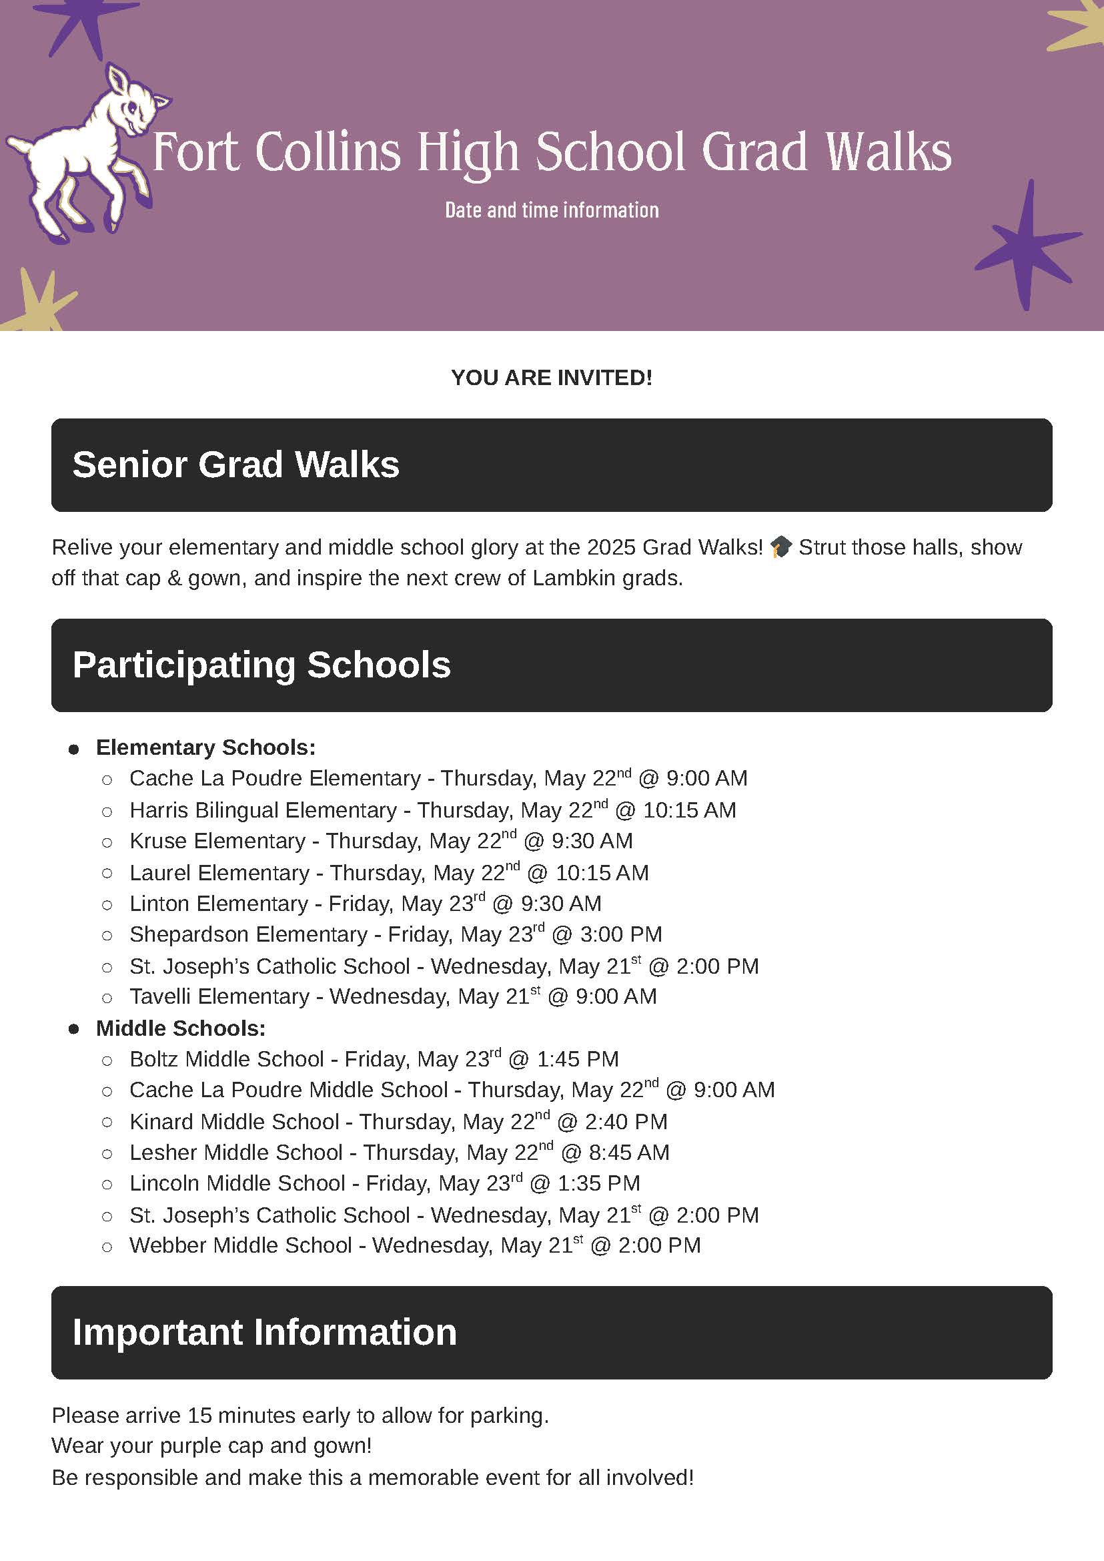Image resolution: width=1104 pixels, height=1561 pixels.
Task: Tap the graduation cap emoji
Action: click(781, 547)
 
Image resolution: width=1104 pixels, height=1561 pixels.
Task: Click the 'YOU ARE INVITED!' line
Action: click(551, 378)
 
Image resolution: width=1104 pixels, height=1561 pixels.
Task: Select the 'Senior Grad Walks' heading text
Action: click(235, 464)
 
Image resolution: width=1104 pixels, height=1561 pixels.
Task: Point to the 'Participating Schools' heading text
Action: click(261, 665)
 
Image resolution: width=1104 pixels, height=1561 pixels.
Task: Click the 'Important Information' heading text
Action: click(264, 1332)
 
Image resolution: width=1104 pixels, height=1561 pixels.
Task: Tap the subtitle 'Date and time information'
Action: click(551, 210)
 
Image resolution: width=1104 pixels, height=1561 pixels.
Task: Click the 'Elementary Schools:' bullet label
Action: click(205, 747)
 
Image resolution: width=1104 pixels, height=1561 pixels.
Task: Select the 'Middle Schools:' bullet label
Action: click(180, 1028)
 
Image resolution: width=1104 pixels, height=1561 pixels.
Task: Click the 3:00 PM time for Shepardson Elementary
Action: click(620, 934)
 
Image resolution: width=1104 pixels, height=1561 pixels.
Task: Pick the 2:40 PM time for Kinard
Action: click(626, 1122)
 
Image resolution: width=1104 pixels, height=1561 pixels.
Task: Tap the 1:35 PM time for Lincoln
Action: click(599, 1183)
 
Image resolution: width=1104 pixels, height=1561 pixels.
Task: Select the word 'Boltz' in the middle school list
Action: click(154, 1059)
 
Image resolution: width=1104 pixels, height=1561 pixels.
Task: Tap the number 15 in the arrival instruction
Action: click(200, 1416)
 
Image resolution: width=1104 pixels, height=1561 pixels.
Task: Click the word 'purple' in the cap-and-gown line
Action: click(183, 1446)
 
